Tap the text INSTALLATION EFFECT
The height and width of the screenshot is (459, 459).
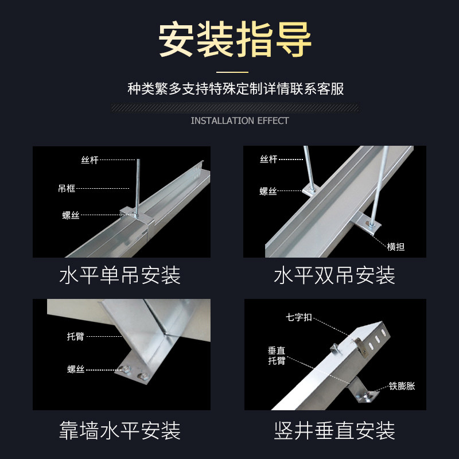click(x=239, y=120)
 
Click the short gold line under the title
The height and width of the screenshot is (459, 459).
click(x=232, y=72)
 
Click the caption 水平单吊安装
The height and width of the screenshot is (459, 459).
click(x=120, y=276)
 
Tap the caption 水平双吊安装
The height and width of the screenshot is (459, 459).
click(x=334, y=276)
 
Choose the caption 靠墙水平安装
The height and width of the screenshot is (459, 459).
click(x=120, y=430)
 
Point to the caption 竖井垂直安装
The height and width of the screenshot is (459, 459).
click(x=334, y=430)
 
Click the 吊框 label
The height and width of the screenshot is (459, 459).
click(x=67, y=188)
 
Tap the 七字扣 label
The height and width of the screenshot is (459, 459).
click(x=299, y=317)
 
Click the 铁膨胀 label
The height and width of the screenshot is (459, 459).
click(x=402, y=386)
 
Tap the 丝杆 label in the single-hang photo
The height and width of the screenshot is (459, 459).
click(x=90, y=160)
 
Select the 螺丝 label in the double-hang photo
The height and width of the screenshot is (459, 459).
click(x=269, y=192)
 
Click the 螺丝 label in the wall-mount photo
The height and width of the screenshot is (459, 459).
click(x=75, y=369)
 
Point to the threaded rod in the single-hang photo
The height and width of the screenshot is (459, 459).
click(x=138, y=184)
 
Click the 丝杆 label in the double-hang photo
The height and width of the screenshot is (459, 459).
click(x=269, y=160)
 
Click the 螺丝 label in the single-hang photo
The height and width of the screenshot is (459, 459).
click(x=71, y=215)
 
